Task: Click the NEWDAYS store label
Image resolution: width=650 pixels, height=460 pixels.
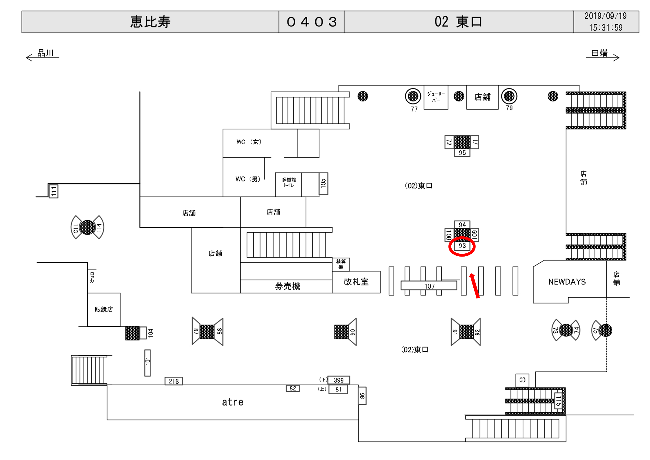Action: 567,282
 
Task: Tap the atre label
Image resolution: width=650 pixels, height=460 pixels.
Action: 233,402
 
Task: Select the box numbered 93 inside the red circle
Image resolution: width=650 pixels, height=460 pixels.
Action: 462,246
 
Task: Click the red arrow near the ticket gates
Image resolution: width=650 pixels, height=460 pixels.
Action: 475,285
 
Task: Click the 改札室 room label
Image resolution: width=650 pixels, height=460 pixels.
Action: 356,282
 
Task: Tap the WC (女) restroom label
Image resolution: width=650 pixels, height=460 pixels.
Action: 249,142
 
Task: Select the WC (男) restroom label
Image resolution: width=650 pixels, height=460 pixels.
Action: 248,179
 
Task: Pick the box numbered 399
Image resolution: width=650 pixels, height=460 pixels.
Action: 339,380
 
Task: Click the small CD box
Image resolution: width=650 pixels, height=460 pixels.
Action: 522,380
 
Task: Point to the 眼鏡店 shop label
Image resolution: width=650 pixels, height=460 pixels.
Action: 104,309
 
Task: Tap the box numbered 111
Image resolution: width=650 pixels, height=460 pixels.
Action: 54,191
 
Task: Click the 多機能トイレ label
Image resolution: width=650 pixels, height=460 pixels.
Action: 289,182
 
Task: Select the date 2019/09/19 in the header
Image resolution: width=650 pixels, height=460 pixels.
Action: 605,16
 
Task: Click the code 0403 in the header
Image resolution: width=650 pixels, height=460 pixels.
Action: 311,22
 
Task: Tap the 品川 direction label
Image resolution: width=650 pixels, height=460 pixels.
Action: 45,53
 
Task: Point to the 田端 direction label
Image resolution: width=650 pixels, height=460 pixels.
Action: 599,53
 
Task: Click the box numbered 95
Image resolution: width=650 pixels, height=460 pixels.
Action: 462,153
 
